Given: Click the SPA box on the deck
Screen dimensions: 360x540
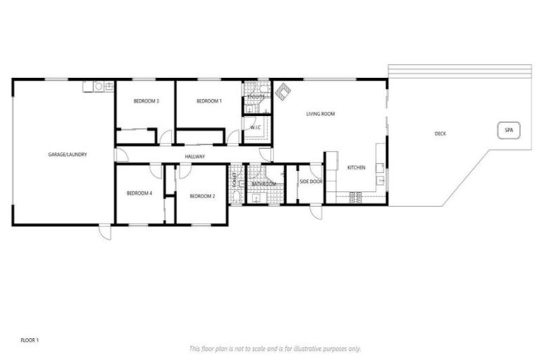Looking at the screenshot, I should [508, 131].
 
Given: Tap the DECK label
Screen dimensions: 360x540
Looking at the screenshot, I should [440, 134].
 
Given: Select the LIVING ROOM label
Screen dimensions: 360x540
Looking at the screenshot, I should [320, 113].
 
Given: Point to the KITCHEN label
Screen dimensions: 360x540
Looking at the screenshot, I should [356, 167].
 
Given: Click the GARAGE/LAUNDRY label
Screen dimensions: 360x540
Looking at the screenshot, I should [67, 154].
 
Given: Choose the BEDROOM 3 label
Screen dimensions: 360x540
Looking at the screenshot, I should [146, 101].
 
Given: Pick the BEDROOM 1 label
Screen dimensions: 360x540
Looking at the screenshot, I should [209, 101].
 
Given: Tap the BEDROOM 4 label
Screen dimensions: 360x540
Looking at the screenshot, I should [139, 193].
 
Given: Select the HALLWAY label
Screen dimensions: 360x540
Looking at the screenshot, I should [195, 156].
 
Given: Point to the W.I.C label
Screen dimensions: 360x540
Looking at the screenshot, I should [255, 127].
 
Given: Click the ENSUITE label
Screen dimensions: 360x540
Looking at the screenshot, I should [256, 97].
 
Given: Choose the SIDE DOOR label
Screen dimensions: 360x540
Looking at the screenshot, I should [310, 181].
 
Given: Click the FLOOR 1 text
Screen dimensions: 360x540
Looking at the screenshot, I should [29, 340].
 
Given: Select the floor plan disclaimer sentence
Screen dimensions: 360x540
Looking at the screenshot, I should [274, 348].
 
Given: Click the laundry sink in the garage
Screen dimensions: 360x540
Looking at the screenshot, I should [98, 86].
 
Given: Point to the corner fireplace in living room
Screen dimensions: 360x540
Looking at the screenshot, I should [283, 91].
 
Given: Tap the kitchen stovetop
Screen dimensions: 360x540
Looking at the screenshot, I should [354, 195].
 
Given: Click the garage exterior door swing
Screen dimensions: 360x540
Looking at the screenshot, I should [105, 232].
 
